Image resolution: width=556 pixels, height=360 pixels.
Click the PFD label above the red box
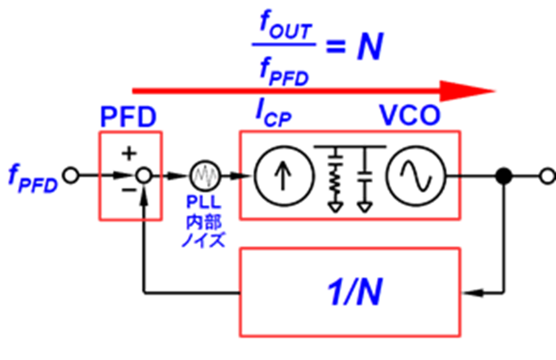(x=128, y=117)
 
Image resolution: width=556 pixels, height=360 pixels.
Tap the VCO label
(x=410, y=115)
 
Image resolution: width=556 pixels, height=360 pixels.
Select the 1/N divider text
(x=355, y=292)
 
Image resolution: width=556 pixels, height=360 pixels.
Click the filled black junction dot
(x=503, y=176)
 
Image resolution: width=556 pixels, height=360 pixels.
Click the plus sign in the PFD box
(x=129, y=153)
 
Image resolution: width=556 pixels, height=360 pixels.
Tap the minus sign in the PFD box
(x=128, y=190)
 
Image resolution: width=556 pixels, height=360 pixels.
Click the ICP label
(x=274, y=114)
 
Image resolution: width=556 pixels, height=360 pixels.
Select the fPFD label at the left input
(x=33, y=178)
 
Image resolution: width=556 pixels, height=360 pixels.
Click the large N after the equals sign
(x=370, y=46)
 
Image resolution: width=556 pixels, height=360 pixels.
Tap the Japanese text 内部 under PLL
(x=204, y=222)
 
